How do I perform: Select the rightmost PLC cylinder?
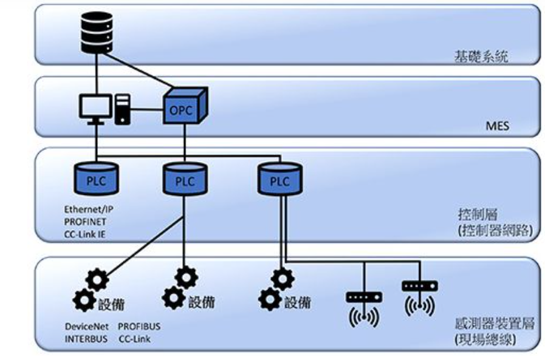pos(279,180)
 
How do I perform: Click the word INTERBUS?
pos(86,339)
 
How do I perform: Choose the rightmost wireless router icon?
pos(419,297)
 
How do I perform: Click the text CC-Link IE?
pos(85,234)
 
